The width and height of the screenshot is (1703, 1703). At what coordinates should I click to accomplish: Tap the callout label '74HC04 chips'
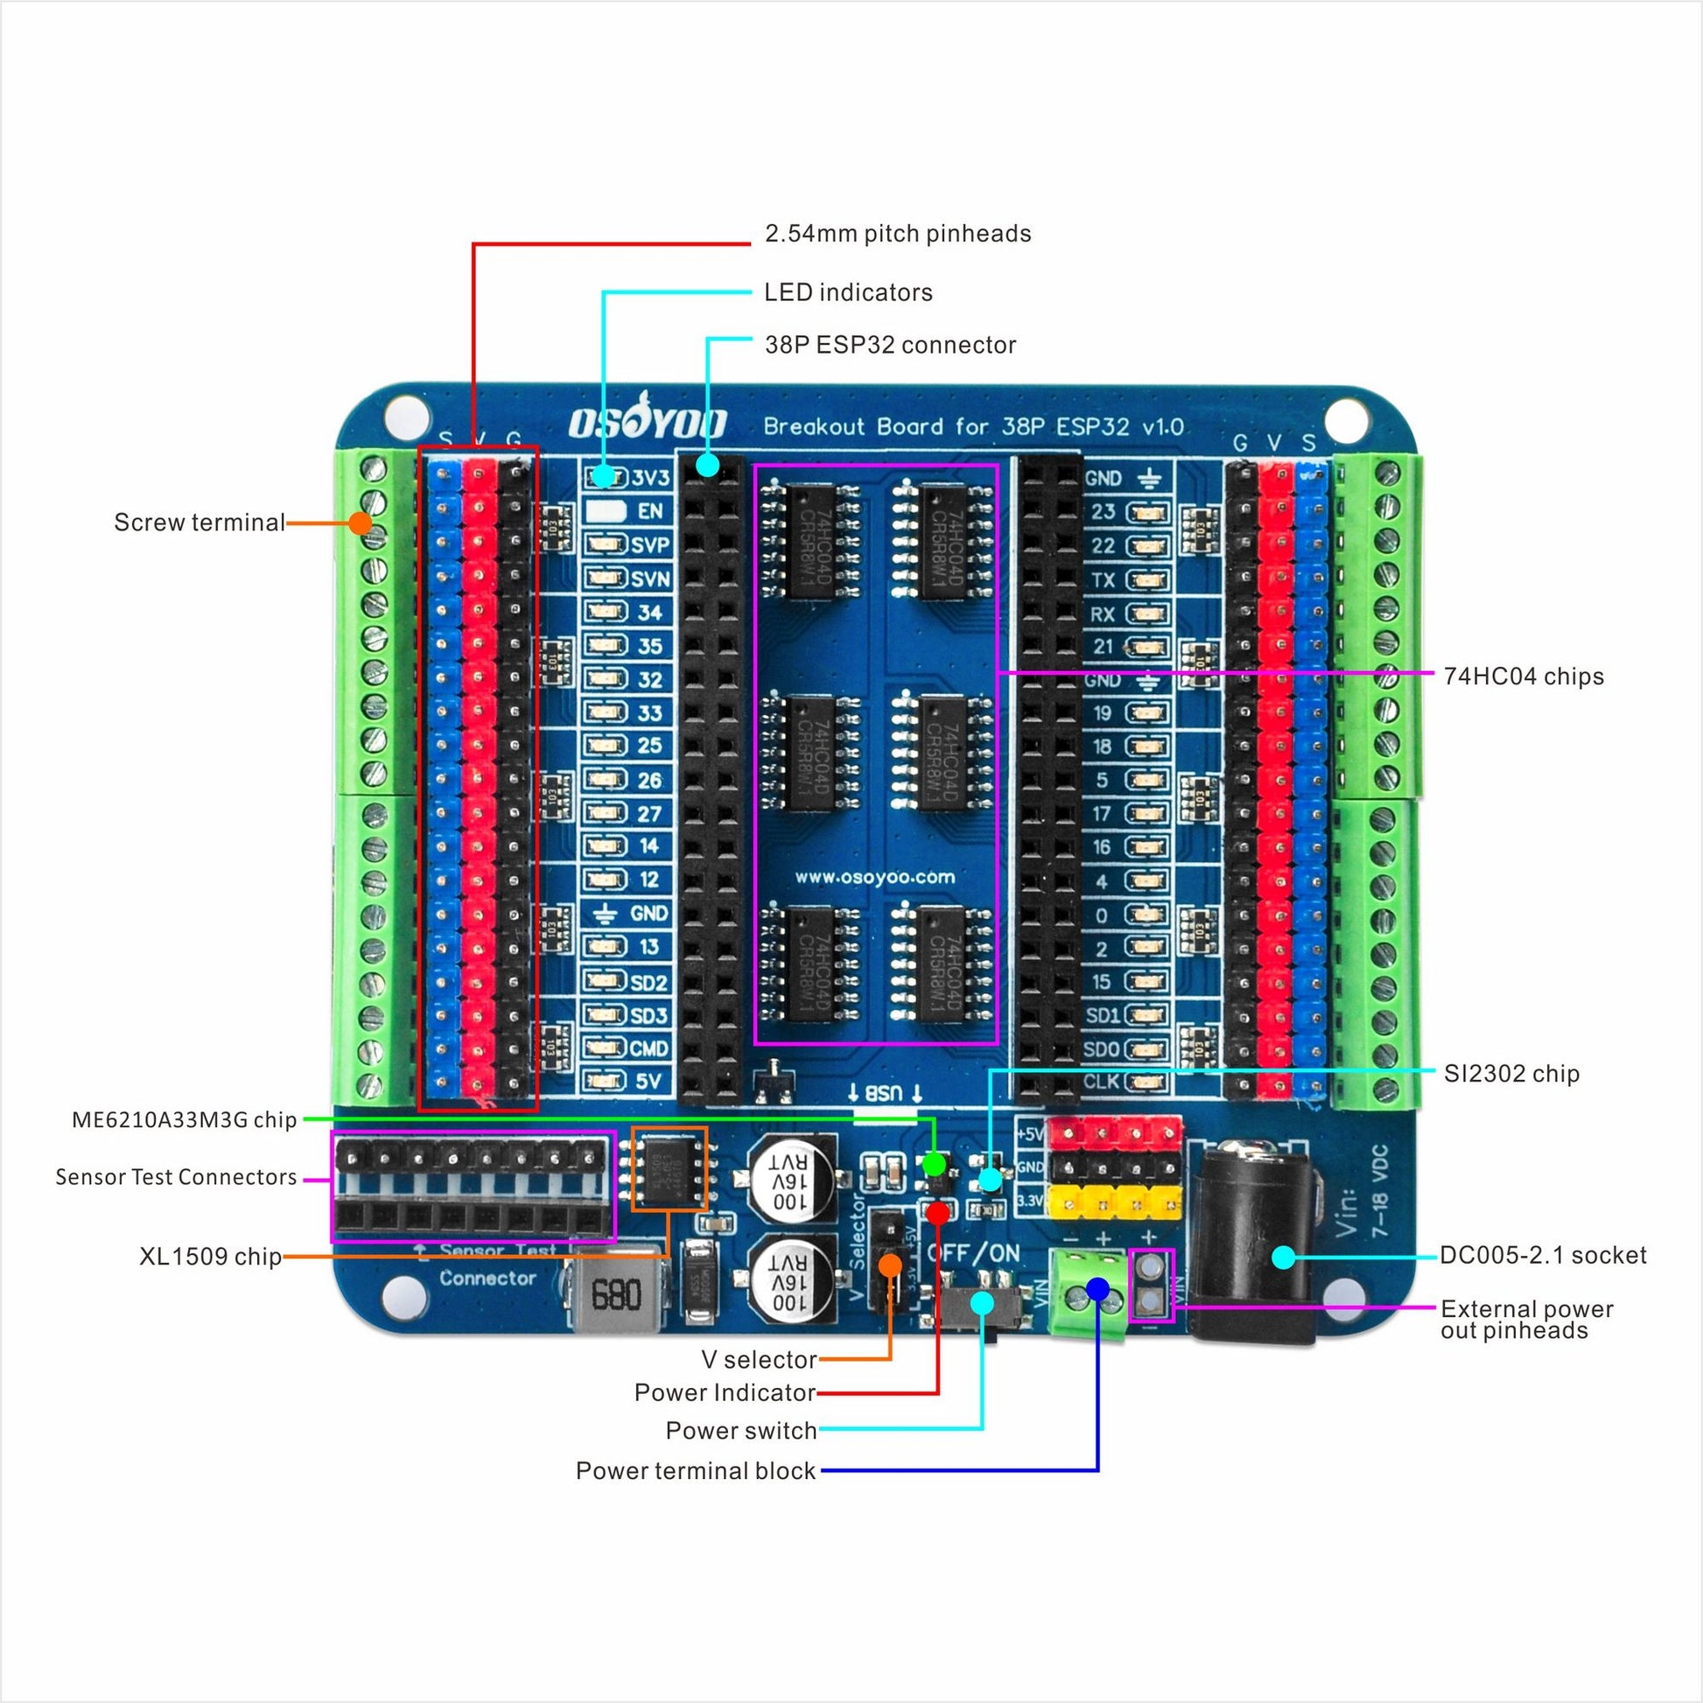[x=1524, y=676]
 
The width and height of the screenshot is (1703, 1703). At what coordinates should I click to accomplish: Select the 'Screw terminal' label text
[x=200, y=522]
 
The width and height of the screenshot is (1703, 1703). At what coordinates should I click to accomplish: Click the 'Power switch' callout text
[x=740, y=1430]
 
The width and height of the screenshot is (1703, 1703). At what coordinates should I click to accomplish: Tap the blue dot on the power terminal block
[x=1097, y=1289]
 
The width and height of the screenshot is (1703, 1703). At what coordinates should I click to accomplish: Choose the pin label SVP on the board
[x=649, y=544]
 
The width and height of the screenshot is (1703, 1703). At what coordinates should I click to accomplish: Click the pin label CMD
[x=648, y=1048]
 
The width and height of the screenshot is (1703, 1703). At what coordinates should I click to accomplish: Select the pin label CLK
[x=1102, y=1082]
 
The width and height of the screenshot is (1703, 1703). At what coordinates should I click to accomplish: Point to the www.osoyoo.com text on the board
[x=874, y=877]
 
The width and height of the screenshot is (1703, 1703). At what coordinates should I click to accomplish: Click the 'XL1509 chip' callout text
[x=210, y=1256]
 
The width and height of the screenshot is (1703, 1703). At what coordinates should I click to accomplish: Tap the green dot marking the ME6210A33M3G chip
[x=935, y=1165]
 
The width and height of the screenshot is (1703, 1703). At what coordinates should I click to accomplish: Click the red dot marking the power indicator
[x=938, y=1213]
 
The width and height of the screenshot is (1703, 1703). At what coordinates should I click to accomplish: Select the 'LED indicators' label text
[x=848, y=291]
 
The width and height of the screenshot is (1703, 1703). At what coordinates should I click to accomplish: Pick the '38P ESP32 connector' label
[x=890, y=345]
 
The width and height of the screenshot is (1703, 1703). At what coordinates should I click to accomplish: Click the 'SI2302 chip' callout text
[x=1510, y=1073]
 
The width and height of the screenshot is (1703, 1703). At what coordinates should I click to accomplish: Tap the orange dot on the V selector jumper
[x=890, y=1265]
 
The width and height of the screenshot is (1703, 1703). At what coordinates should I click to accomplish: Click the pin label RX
[x=1102, y=613]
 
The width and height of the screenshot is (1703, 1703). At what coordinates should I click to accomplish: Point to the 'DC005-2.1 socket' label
[x=1543, y=1255]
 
